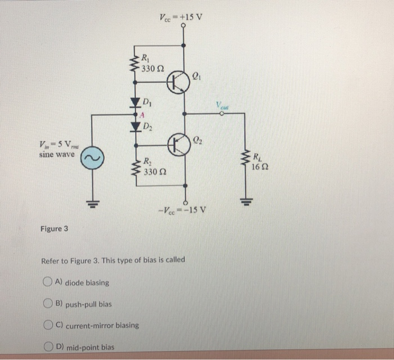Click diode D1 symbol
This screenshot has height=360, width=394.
[135, 103]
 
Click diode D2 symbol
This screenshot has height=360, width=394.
[135, 127]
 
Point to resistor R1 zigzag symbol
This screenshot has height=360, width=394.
[135, 66]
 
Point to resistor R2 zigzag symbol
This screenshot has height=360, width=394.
[135, 166]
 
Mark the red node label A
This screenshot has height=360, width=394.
[142, 115]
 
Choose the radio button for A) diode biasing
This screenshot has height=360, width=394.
[48, 282]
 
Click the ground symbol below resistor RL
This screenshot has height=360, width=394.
[245, 201]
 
